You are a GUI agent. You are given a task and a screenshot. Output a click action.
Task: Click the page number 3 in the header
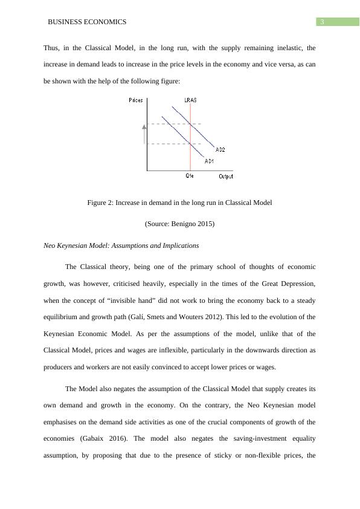coord(323,22)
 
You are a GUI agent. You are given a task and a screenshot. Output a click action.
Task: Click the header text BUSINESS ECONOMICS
coord(87,22)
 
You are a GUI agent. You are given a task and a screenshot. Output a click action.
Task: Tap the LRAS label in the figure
coord(190,100)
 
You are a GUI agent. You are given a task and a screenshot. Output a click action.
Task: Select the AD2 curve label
coord(220,149)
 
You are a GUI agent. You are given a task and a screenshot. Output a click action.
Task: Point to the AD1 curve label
coord(209,161)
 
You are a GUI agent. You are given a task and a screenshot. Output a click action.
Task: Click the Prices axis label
coord(136,100)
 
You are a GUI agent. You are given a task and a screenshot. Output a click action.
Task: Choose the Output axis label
coord(225,177)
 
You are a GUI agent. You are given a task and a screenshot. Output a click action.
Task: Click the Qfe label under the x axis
coord(190,177)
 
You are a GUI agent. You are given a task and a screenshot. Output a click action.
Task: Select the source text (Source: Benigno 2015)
coord(179,224)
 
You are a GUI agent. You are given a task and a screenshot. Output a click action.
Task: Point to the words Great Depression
coord(277,283)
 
